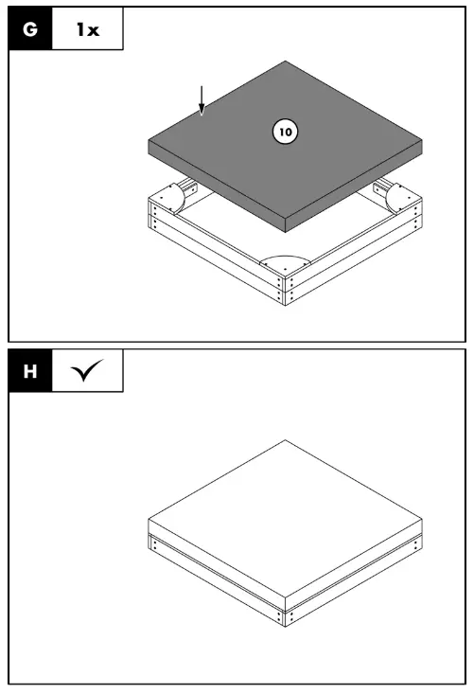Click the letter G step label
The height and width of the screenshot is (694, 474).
point(30,29)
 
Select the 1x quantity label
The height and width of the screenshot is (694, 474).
point(87,29)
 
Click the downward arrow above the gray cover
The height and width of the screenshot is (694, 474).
point(200,100)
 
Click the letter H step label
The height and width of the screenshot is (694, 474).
point(30,372)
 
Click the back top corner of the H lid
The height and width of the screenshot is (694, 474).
point(286,440)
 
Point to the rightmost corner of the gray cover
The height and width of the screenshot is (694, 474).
point(422,144)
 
